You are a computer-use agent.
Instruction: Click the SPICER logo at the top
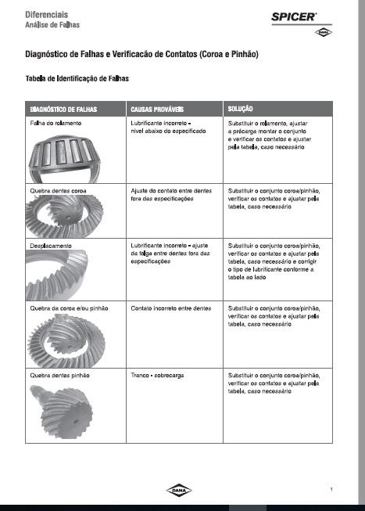294,17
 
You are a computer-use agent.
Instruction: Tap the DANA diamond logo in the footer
179,490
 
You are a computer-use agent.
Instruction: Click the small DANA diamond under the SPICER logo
324,32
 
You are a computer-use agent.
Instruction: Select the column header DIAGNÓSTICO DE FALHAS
63,110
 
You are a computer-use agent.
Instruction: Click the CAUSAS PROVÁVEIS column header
157,110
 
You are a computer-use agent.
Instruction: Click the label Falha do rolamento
55,123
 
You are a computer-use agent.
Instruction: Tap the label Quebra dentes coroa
58,191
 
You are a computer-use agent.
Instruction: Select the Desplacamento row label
51,246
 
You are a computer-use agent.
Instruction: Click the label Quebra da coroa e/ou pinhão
69,308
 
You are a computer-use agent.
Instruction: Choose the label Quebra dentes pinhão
59,376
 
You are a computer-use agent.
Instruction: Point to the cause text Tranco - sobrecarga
157,376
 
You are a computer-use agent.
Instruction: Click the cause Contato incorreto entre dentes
171,308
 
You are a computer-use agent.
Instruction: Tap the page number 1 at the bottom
331,489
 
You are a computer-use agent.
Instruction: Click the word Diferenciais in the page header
47,15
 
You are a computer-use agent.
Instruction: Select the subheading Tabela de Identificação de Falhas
77,78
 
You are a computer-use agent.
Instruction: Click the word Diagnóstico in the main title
47,54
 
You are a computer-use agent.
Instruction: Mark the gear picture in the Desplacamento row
56,275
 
